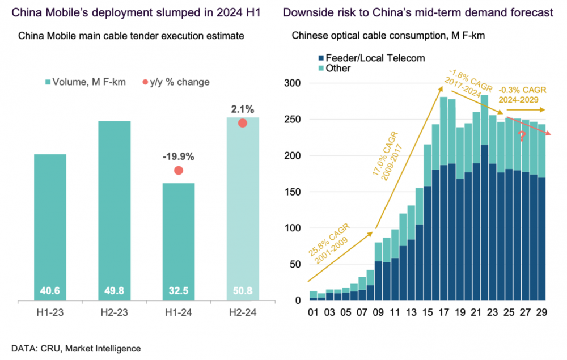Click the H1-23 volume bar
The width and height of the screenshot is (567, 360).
50,227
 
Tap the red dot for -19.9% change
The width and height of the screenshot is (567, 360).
179,171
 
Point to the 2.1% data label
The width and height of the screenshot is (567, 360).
242,108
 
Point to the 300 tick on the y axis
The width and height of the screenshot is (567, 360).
293,83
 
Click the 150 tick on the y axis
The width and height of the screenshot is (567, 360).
293,192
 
